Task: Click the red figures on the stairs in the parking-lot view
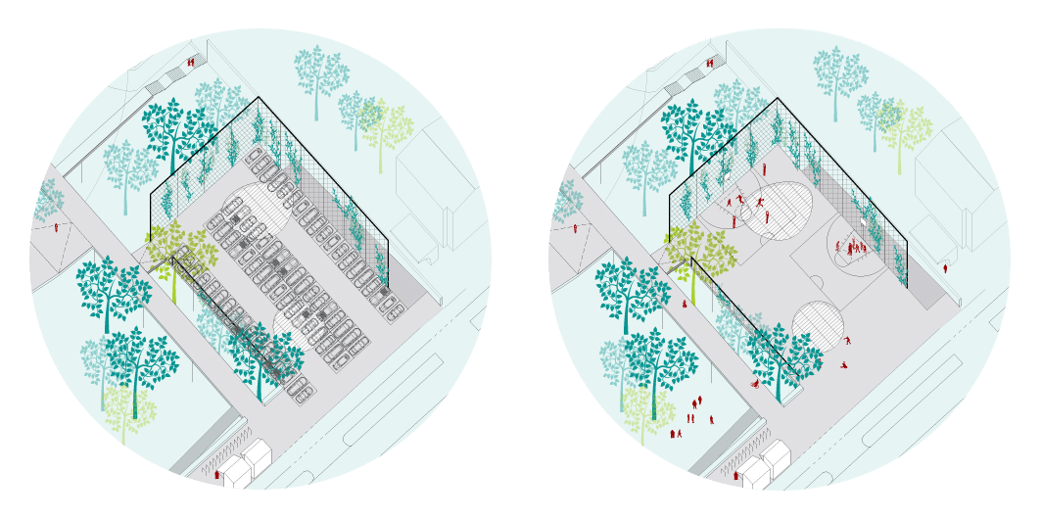coord(191,63)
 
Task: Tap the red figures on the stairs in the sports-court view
coord(710,64)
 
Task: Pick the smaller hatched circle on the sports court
coord(818,324)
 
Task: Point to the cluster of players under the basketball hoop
coord(853,248)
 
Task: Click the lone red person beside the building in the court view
coord(945,267)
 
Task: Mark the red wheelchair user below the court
coord(755,384)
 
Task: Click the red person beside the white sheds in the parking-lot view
coord(216,475)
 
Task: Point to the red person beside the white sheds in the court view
coord(735,475)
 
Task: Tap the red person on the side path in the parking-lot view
coord(56,227)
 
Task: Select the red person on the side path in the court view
coord(575,228)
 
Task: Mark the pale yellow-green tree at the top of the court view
coord(903,127)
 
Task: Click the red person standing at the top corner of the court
coord(765,169)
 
